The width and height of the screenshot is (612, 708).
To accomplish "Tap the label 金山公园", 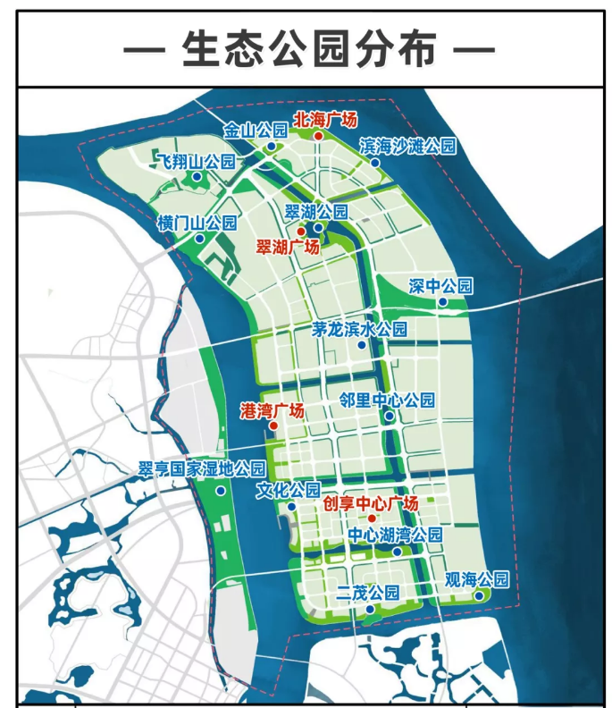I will click(256, 131).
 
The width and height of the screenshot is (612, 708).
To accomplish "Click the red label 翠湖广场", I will click(288, 247).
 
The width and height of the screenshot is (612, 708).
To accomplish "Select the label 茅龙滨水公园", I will click(359, 329).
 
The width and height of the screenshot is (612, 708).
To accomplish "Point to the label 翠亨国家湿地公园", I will click(201, 469).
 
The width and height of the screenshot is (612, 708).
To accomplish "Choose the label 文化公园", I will click(288, 491).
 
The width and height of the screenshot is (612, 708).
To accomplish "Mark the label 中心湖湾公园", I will click(395, 535).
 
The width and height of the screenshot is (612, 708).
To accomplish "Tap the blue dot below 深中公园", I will click(441, 302).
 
